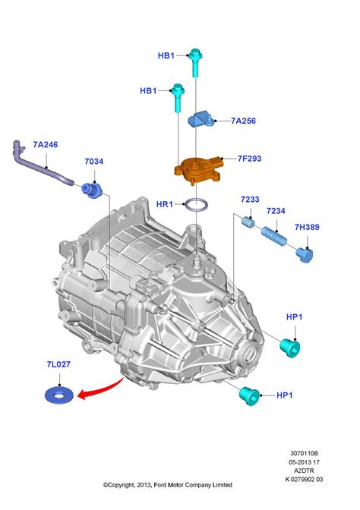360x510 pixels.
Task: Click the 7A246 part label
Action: click(45, 144)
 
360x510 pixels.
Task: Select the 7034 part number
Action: click(94, 162)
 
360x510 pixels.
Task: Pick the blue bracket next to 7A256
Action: click(204, 119)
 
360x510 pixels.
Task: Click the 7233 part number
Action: click(251, 200)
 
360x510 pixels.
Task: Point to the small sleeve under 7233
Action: click(248, 222)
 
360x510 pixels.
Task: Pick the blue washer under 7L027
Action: click(57, 395)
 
